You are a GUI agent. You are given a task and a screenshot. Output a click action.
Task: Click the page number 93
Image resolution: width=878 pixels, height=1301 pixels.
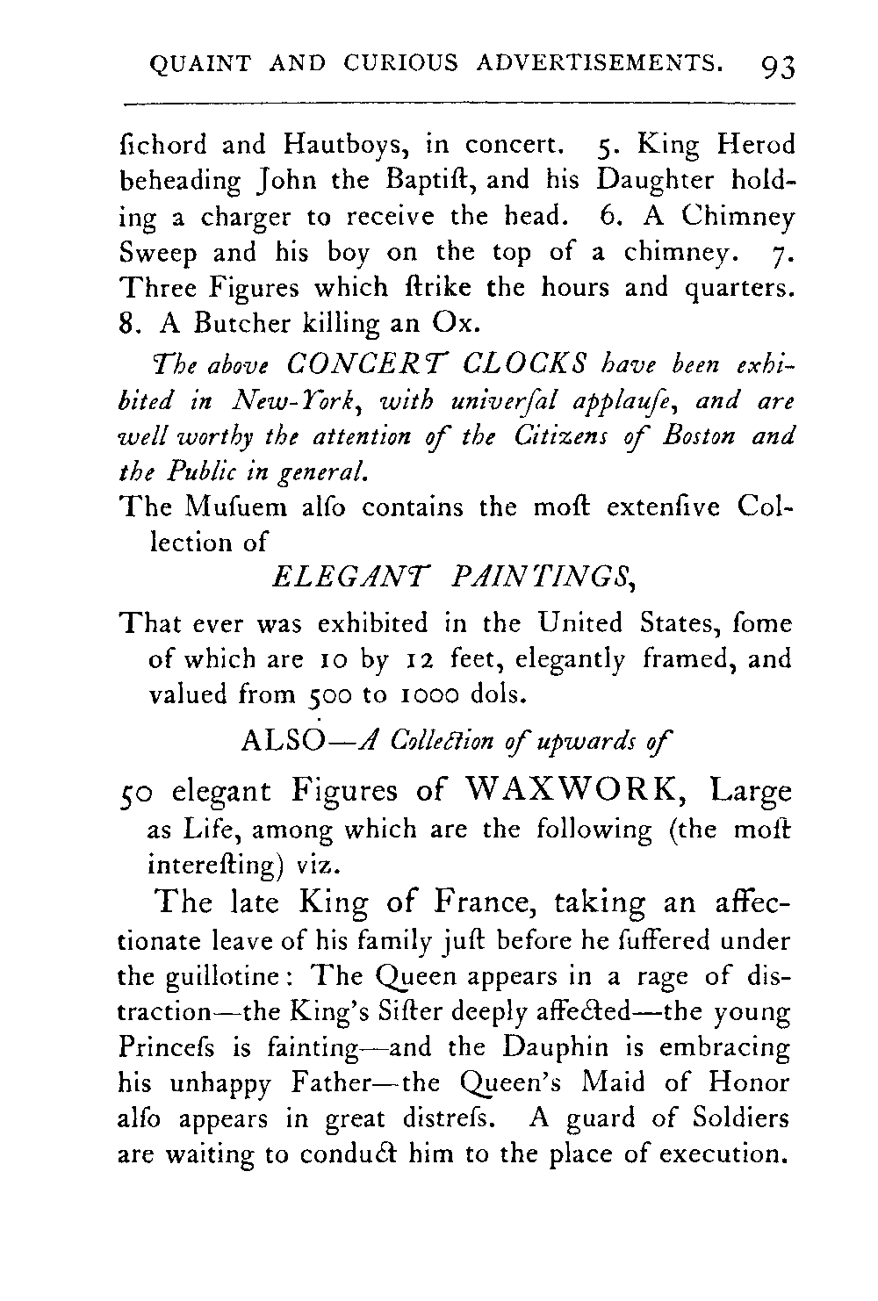(778, 65)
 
